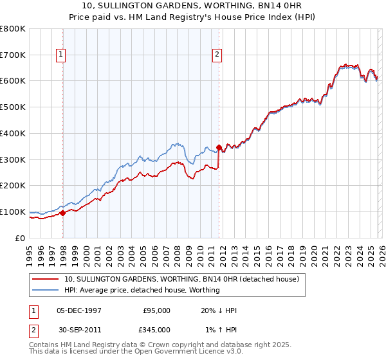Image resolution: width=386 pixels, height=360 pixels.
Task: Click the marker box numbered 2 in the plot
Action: pyautogui.click(x=218, y=55)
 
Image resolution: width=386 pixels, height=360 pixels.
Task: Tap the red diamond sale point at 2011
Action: pyautogui.click(x=219, y=147)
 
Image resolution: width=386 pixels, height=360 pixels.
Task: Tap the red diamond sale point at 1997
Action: pyautogui.click(x=62, y=213)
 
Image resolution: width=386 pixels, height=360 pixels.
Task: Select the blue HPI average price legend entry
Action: pyautogui.click(x=142, y=290)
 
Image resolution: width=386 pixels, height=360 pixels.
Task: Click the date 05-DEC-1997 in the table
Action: pyautogui.click(x=78, y=310)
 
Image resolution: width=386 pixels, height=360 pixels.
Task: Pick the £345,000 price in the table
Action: pyautogui.click(x=156, y=329)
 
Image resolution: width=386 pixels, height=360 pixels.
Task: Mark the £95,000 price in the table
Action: pyautogui.click(x=156, y=310)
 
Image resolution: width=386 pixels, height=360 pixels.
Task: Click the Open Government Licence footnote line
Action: pyautogui.click(x=136, y=352)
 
